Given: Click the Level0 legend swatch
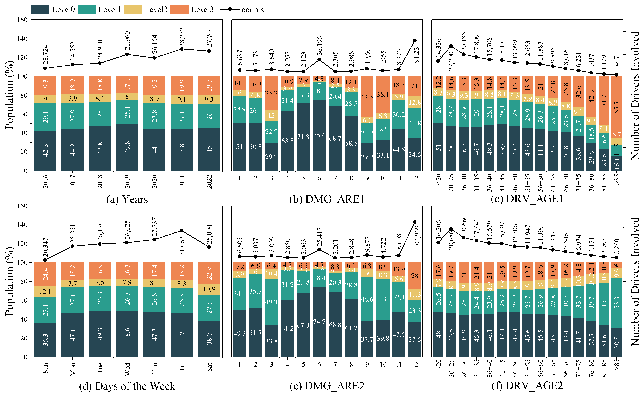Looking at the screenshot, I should [40, 9].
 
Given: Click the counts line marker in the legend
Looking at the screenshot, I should [230, 9].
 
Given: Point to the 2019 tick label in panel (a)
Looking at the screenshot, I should [127, 181].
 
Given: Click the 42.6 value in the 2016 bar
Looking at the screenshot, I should [45, 150].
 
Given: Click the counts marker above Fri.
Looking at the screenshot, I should [181, 231].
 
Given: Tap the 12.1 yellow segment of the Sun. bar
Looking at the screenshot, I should [45, 291].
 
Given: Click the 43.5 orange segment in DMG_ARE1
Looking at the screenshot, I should [367, 97].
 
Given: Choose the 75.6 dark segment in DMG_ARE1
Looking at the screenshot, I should [319, 135].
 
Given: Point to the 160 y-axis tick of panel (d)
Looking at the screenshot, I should [22, 206].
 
